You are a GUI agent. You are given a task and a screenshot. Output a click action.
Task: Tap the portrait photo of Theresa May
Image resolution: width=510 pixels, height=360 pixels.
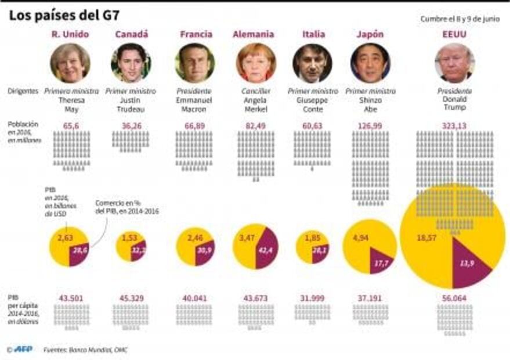(70, 63)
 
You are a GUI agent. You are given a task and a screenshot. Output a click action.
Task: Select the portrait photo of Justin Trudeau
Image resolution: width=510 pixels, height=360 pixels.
(131, 63)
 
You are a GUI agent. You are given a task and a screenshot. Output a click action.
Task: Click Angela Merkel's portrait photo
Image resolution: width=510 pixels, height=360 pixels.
(256, 63)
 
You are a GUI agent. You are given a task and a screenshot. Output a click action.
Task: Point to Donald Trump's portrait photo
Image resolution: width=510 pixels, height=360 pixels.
(454, 63)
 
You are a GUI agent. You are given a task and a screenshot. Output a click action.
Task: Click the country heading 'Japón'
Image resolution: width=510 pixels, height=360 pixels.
(370, 34)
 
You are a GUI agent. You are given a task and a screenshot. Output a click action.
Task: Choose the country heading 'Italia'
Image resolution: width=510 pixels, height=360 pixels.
(313, 34)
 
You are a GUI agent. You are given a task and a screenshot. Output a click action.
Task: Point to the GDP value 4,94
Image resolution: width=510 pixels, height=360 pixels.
(361, 237)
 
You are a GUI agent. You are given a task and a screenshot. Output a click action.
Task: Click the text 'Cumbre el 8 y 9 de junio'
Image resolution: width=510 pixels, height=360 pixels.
(460, 19)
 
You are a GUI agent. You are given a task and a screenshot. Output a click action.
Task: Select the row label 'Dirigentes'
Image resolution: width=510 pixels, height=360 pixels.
(24, 91)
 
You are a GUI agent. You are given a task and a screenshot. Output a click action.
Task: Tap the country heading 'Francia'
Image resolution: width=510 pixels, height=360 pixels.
(196, 34)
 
